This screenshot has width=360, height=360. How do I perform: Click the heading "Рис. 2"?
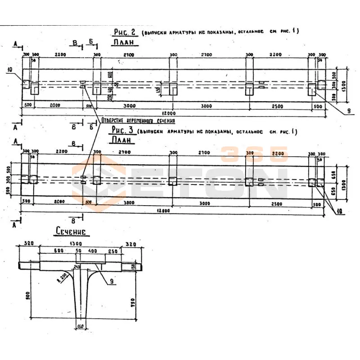[126, 31]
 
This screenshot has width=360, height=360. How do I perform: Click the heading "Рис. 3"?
[122, 130]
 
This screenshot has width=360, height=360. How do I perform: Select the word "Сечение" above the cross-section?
[71, 232]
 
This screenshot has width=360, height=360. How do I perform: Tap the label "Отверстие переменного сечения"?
[137, 121]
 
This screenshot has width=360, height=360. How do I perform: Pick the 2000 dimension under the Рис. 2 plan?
[56, 105]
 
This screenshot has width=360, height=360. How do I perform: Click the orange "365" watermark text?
[254, 155]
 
